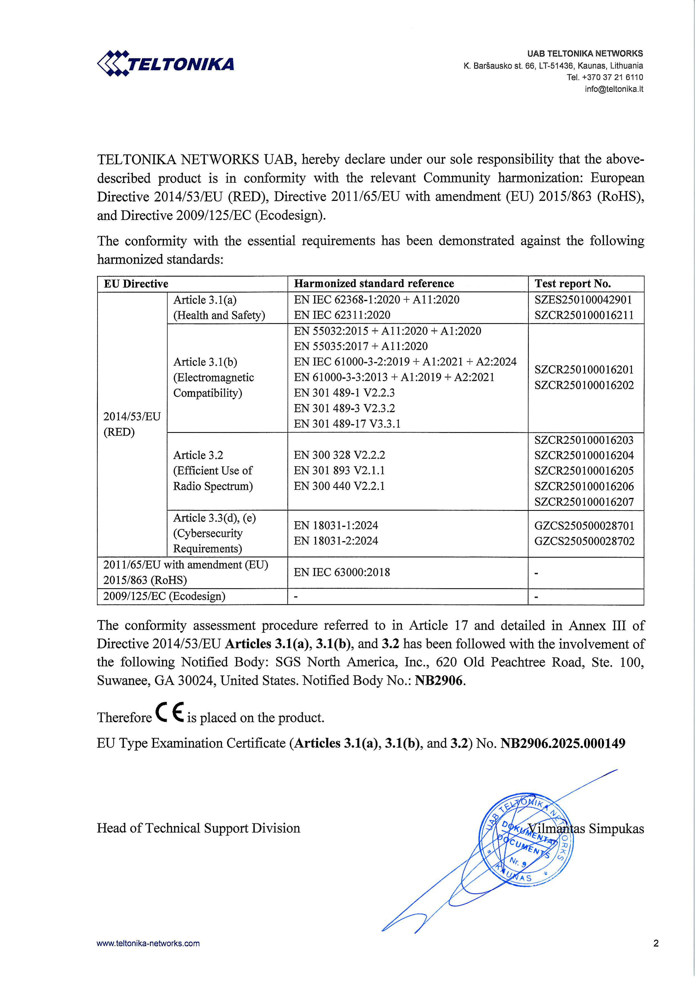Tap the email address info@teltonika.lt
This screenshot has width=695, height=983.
(x=614, y=89)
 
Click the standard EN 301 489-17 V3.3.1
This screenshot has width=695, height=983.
(x=347, y=424)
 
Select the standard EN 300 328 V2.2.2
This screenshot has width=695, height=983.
(x=339, y=455)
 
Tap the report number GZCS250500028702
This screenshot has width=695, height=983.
(x=584, y=541)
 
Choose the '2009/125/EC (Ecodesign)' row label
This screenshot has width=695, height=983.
(x=164, y=596)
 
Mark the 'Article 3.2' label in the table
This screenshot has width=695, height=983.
(x=198, y=455)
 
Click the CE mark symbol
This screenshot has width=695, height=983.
(x=169, y=713)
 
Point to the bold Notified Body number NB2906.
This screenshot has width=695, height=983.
(x=439, y=681)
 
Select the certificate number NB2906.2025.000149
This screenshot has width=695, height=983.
(x=563, y=743)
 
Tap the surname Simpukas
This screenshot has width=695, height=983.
(x=616, y=829)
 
